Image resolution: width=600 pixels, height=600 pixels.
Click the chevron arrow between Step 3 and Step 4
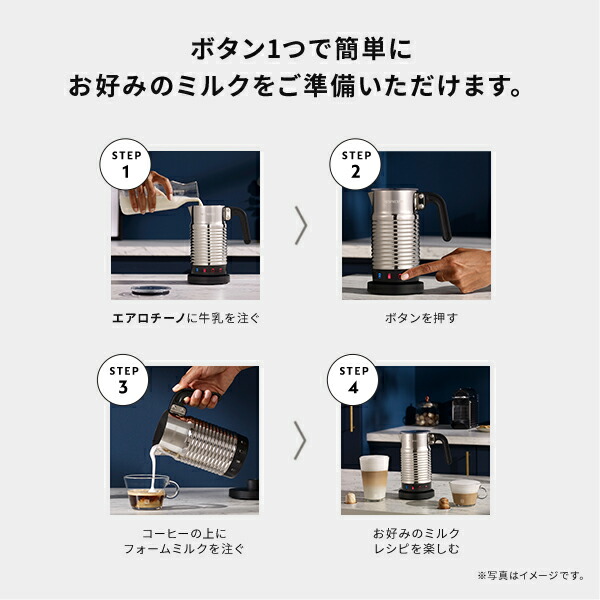[x=300, y=441]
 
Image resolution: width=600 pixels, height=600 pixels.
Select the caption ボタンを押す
[x=416, y=319]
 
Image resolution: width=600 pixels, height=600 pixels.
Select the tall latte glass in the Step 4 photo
[x=372, y=478]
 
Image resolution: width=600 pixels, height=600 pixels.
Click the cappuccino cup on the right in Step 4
[x=466, y=492]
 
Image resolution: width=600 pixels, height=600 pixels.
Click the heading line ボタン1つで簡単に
[x=299, y=47]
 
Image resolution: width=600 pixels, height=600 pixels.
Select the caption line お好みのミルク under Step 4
[x=416, y=531]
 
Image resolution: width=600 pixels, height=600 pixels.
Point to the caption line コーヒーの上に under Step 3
[x=186, y=531]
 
